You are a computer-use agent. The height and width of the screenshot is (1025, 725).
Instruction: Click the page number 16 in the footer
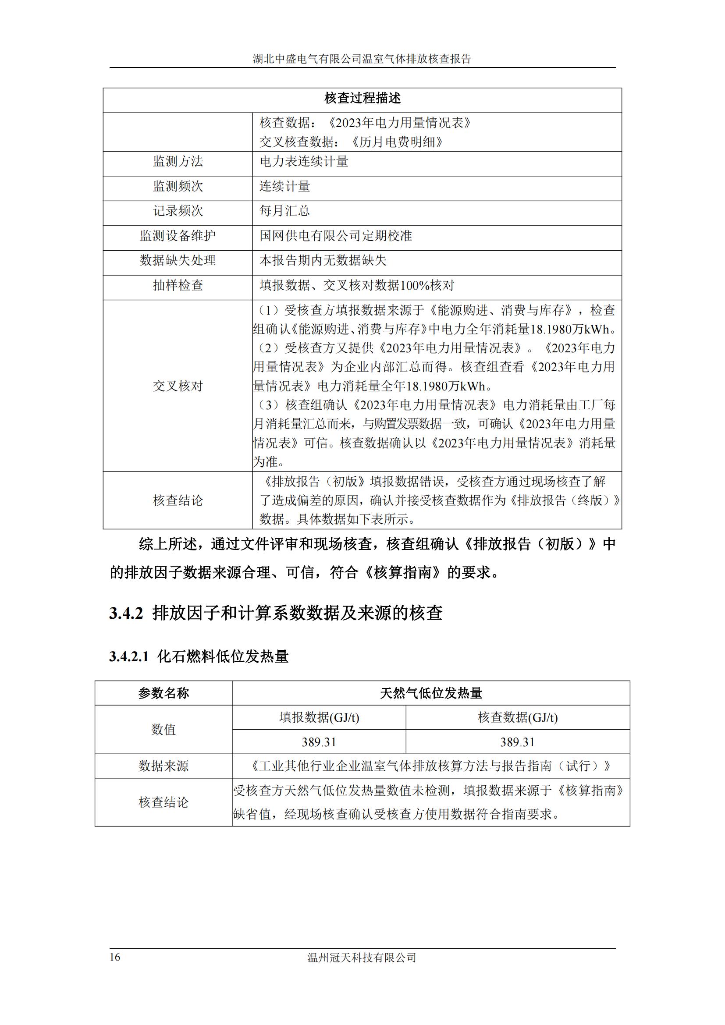[x=115, y=957]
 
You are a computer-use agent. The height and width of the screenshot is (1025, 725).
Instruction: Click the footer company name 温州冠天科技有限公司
[x=362, y=958]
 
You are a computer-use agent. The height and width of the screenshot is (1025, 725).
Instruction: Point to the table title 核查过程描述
[x=362, y=98]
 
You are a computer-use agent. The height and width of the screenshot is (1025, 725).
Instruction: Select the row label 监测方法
[x=178, y=162]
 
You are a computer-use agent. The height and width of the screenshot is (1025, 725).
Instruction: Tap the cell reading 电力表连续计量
[x=304, y=162]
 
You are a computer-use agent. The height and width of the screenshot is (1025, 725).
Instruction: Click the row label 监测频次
[x=178, y=186]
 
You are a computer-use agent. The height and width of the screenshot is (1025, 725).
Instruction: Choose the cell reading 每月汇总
[x=285, y=211]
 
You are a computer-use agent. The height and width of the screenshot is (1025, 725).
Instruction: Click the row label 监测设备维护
[x=178, y=236]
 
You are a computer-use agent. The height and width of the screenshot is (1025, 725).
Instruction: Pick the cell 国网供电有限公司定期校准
[x=336, y=236]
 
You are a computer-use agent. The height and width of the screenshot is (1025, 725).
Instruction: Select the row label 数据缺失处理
[x=178, y=260]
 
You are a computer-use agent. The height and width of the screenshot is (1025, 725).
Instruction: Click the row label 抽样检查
[x=178, y=285]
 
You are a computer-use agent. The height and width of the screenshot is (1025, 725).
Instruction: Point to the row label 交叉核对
[x=178, y=386]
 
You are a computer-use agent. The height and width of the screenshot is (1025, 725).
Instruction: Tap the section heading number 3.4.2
[x=126, y=614]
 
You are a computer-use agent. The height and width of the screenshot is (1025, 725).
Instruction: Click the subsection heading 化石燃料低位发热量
[x=223, y=657]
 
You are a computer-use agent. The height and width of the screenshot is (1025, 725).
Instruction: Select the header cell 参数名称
[x=163, y=693]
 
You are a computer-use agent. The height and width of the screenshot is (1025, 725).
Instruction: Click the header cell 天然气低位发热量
[x=431, y=693]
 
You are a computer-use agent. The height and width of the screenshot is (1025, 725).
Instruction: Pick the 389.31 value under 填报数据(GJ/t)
[x=319, y=742]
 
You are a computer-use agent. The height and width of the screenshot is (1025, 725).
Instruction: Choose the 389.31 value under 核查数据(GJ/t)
[x=517, y=742]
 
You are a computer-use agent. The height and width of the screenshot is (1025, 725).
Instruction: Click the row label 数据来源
[x=163, y=766]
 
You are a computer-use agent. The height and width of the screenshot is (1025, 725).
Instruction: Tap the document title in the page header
[x=362, y=59]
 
